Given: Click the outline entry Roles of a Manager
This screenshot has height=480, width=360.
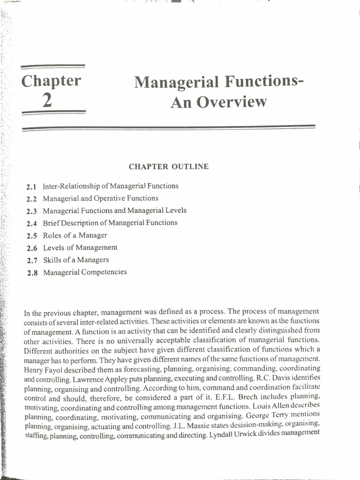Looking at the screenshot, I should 75,235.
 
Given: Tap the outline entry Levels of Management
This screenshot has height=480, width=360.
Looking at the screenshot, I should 80,247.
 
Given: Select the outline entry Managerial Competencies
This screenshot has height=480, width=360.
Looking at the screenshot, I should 85,272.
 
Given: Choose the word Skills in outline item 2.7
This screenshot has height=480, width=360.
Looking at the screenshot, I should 52,260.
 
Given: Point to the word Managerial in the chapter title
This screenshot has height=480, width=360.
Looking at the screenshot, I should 176,82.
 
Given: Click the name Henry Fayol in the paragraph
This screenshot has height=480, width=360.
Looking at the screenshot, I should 44,368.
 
